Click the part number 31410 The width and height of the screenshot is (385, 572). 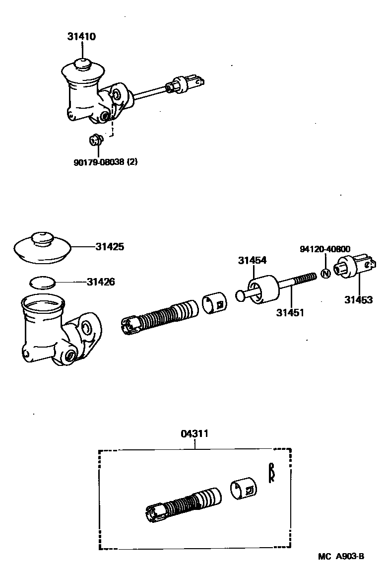pyautogui.click(x=82, y=37)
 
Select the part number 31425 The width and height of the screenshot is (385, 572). pyautogui.click(x=110, y=247)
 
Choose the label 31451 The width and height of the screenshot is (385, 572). pyautogui.click(x=290, y=313)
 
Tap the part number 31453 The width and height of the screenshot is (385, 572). pyautogui.click(x=359, y=300)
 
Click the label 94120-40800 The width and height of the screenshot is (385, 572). pyautogui.click(x=324, y=249)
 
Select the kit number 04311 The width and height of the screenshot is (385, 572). pyautogui.click(x=194, y=433)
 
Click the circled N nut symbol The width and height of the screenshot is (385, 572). pyautogui.click(x=325, y=273)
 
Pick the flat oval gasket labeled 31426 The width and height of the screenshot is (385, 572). pyautogui.click(x=42, y=283)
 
